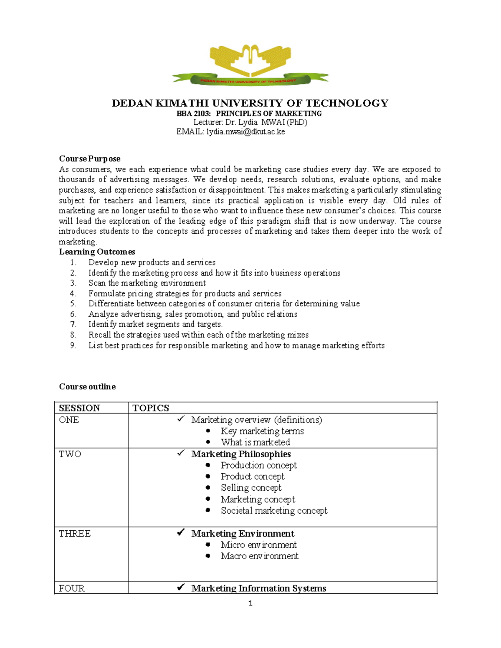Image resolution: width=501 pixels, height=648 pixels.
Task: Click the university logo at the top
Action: click(250, 65)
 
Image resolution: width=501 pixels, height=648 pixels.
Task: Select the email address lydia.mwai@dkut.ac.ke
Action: click(245, 132)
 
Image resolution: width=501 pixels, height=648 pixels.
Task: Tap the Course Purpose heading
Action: click(90, 159)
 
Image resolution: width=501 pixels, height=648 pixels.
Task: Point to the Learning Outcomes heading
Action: click(97, 252)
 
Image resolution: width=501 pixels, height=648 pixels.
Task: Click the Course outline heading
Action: click(87, 386)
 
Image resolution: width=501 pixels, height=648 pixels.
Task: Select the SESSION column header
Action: click(79, 408)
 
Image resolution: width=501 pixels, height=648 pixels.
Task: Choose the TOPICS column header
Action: click(151, 408)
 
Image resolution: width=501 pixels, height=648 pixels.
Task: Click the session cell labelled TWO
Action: click(70, 454)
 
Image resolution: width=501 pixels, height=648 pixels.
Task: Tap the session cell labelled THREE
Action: click(75, 534)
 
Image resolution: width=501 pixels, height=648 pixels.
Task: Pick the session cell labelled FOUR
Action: click(71, 588)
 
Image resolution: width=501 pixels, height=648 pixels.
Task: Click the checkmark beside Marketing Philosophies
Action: click(181, 453)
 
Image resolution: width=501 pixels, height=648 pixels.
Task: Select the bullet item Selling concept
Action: click(251, 488)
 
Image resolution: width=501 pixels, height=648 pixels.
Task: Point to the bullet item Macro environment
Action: click(259, 556)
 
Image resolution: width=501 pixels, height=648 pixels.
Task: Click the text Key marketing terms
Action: click(262, 431)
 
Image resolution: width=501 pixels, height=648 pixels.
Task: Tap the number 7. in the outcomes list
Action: click(73, 324)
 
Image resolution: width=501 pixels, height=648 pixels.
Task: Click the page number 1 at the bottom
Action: click(250, 603)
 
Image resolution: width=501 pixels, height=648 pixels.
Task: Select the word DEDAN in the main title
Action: click(132, 103)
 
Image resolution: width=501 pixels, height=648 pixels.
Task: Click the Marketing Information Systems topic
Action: click(258, 588)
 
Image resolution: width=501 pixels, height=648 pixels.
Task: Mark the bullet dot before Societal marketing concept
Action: click(208, 510)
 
